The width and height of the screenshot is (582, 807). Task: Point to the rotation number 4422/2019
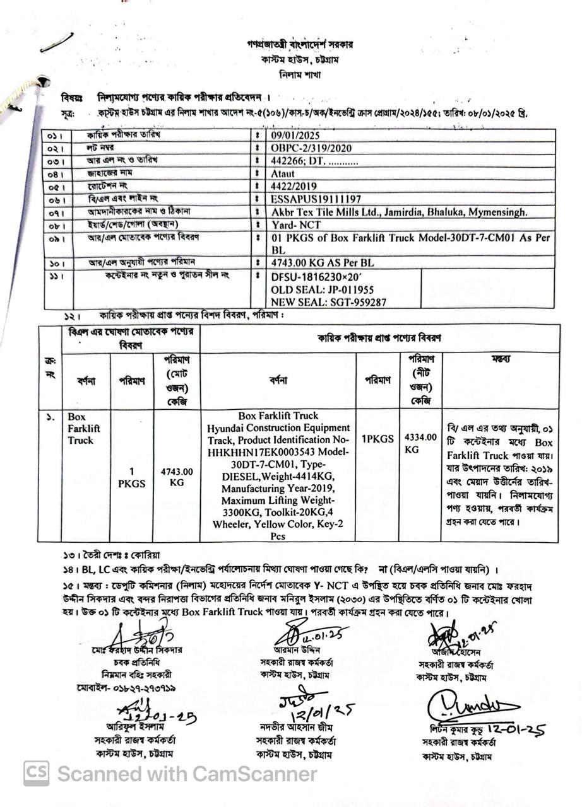294,187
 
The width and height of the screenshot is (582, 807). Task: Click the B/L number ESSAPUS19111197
316,199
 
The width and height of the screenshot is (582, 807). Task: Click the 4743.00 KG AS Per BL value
322,262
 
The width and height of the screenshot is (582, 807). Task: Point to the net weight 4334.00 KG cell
420,444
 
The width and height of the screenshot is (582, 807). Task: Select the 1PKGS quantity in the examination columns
377,438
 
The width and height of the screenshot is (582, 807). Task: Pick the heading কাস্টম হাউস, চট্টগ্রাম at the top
300,59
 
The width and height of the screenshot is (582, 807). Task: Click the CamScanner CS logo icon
37,773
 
